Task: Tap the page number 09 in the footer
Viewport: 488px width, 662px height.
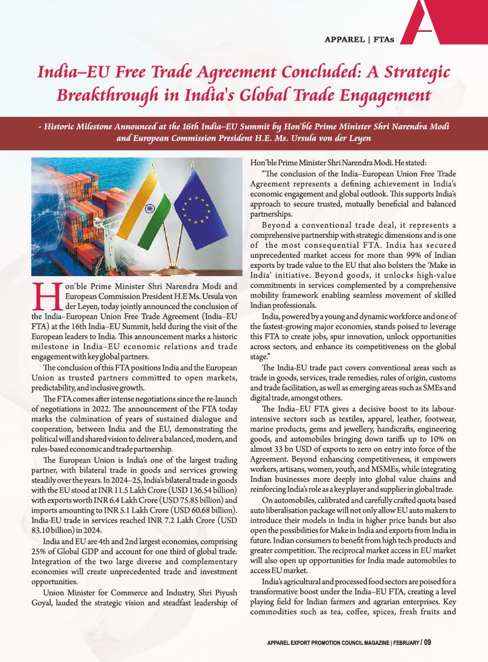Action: point(428,643)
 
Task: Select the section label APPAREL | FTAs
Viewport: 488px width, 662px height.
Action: point(359,40)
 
